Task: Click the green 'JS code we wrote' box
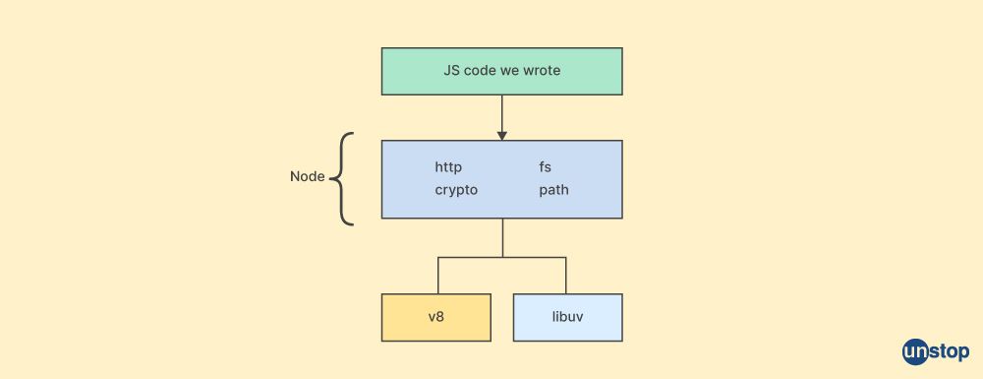[x=501, y=72]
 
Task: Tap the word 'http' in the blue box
[x=448, y=167]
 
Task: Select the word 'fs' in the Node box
[x=545, y=167]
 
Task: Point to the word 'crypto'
[x=456, y=189]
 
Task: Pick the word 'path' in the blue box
[x=553, y=189]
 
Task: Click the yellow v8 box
[x=435, y=317]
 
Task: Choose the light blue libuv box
[x=567, y=317]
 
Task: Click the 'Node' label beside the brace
[x=307, y=177]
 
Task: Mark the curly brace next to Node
[x=341, y=179]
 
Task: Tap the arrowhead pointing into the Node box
[x=501, y=134]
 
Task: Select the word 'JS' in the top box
[x=452, y=72]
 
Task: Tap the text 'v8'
[x=435, y=317]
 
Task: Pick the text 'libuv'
[x=567, y=317]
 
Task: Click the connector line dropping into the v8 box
[x=437, y=276]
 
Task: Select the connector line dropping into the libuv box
[x=566, y=276]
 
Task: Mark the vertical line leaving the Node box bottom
[x=502, y=237]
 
